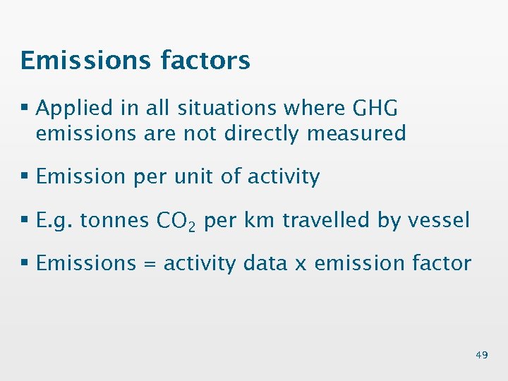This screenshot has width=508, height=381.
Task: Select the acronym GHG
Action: pos(373,108)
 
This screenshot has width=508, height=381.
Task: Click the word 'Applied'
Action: pos(74,108)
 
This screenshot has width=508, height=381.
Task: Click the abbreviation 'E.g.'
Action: pos(54,220)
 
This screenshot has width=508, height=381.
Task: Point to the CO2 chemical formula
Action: pos(179,222)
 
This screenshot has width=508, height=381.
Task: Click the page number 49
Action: pos(481,355)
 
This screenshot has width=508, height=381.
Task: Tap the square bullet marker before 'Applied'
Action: pos(25,109)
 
